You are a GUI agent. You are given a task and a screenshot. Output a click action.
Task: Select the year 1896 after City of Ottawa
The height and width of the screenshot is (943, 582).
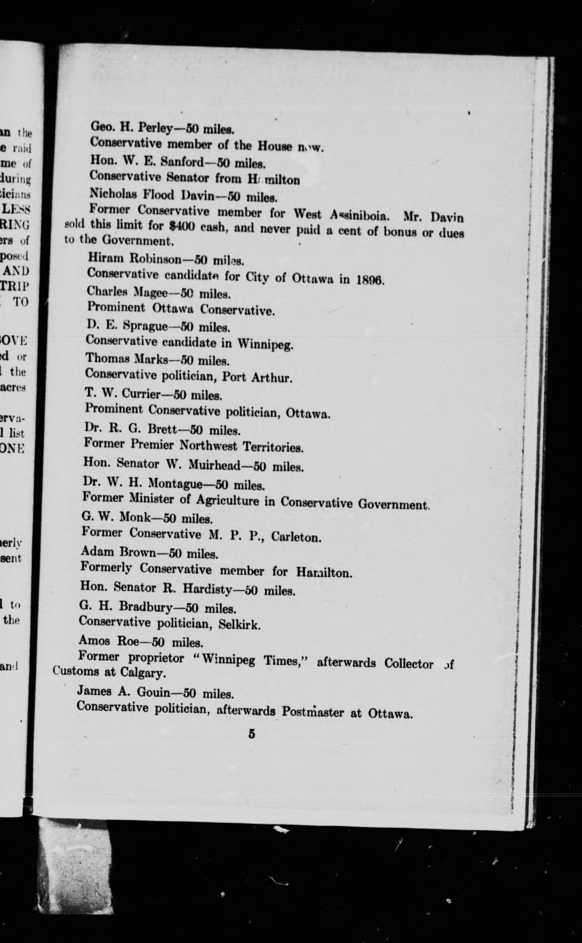coord(370,280)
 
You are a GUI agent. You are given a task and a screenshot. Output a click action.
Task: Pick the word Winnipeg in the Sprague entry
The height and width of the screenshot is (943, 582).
coord(265,344)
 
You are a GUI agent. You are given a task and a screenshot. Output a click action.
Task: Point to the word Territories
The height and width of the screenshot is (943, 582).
coord(273,447)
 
